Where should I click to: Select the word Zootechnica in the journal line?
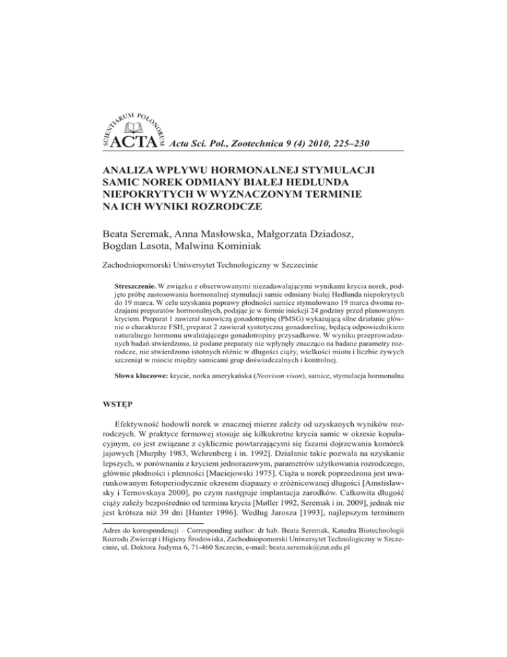(x=252, y=143)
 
